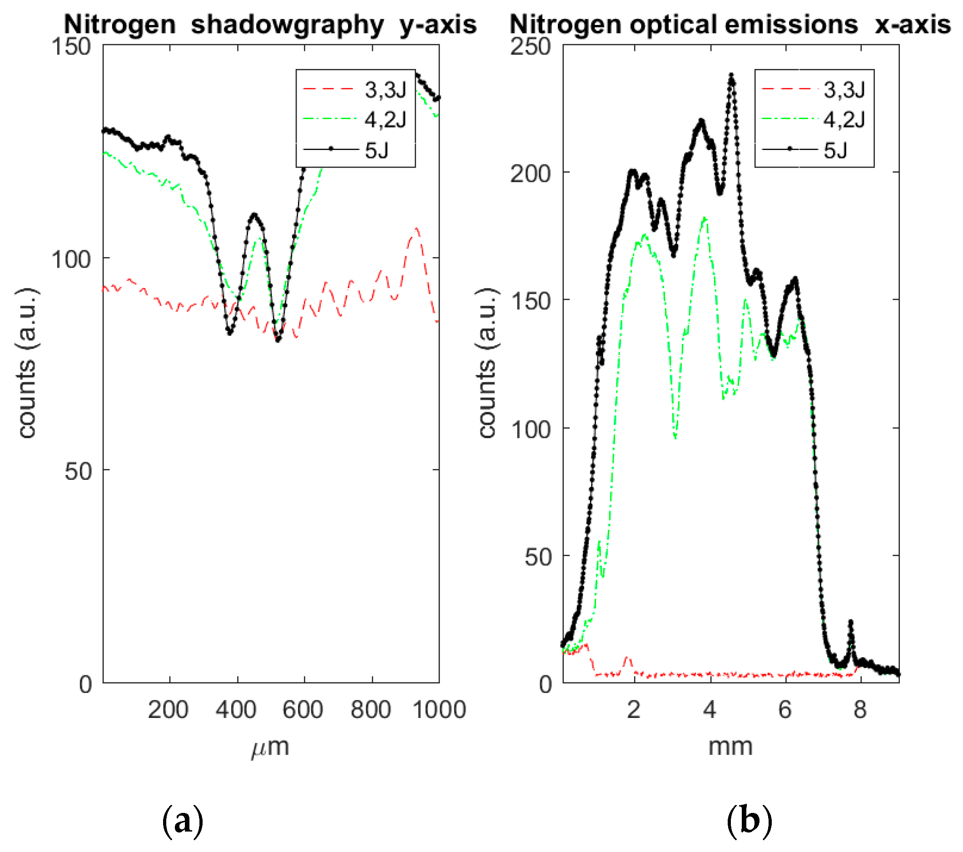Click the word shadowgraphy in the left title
287,25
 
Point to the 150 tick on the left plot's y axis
71,47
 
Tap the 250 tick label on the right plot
530,47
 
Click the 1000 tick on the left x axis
439,709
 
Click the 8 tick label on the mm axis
860,709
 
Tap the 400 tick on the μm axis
236,709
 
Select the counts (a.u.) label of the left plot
27,363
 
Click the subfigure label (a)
182,822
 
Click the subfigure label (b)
749,822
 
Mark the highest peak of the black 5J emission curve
731,75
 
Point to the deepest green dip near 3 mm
675,437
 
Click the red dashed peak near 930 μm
417,229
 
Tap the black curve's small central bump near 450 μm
254,215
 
